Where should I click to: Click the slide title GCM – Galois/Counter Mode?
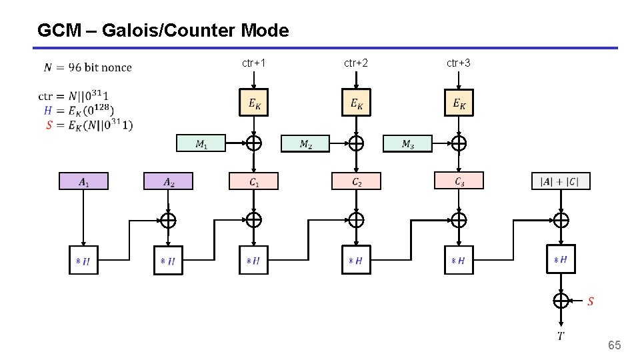163,31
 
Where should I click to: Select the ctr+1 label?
254,63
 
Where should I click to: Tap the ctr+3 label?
459,63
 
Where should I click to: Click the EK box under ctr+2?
356,103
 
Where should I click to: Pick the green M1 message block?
201,143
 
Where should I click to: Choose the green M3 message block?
407,143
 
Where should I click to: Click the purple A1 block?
83,181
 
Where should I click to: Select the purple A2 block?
168,181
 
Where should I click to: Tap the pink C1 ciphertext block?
253,181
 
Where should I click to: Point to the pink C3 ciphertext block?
459,181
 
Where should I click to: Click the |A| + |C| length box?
561,181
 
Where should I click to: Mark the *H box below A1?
83,260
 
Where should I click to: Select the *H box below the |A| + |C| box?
561,259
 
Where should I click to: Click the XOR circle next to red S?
561,301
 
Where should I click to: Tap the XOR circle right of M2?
356,143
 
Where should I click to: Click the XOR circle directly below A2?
168,220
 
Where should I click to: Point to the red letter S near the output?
591,301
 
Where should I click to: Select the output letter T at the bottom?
561,335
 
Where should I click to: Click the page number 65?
614,345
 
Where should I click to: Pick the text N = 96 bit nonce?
88,67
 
